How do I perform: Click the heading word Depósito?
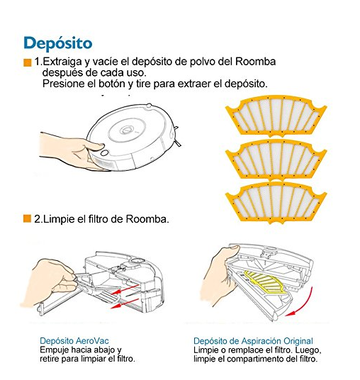[x=58, y=44]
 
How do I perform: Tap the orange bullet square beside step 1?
[x=28, y=62]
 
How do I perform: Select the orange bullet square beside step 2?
[x=27, y=218]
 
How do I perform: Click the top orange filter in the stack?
[x=276, y=116]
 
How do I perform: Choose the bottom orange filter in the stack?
[x=276, y=203]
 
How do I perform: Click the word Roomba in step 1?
[x=256, y=62]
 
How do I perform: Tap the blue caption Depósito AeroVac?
[x=74, y=341]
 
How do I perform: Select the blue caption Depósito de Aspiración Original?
[x=253, y=341]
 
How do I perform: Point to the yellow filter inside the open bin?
[x=266, y=283]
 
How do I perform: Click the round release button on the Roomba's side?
[x=105, y=152]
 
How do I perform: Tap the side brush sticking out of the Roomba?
[x=177, y=137]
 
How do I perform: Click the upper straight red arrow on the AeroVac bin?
[x=125, y=289]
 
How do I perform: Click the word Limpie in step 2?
[x=60, y=219]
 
